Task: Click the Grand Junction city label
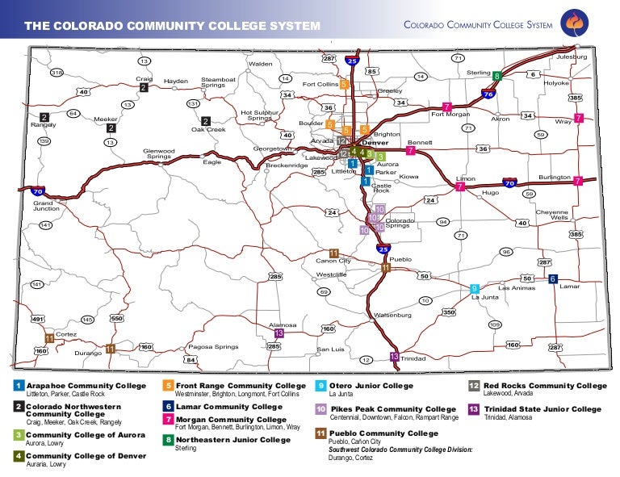46,206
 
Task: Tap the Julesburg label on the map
571,57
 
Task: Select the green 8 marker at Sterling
497,76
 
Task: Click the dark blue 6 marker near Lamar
553,278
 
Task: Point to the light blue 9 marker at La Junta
475,288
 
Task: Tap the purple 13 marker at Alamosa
279,333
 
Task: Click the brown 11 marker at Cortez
50,338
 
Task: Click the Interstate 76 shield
488,94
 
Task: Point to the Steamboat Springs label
218,82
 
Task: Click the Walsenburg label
392,315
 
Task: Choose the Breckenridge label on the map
287,165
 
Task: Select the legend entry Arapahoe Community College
86,387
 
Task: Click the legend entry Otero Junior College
371,387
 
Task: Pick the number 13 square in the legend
474,409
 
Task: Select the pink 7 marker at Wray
578,118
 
